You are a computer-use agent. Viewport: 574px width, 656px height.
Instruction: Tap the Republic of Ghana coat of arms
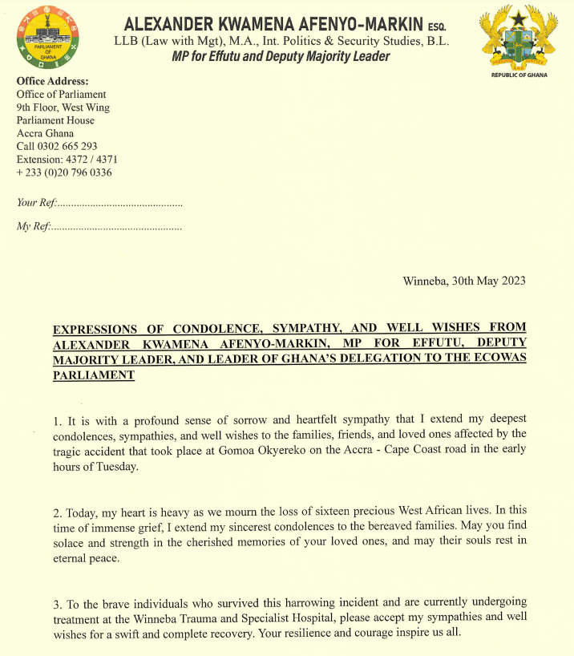point(517,38)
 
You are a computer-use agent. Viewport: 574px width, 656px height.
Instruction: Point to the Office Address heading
point(53,81)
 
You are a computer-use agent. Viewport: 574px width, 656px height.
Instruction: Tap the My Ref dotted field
point(117,228)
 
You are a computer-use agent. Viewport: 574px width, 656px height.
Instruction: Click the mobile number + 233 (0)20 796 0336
point(64,172)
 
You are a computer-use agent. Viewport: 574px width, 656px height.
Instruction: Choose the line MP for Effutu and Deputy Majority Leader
point(281,56)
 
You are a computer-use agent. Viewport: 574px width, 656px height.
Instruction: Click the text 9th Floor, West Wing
point(63,107)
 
